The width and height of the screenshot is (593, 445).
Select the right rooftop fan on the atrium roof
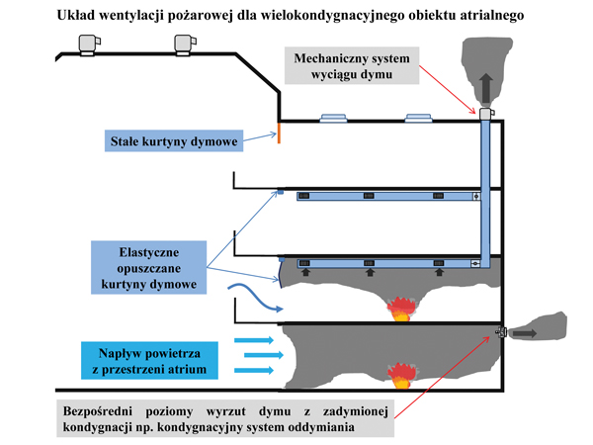pyautogui.click(x=185, y=44)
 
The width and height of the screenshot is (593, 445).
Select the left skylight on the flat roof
pyautogui.click(x=331, y=118)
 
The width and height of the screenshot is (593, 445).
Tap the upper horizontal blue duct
pyautogui.click(x=385, y=196)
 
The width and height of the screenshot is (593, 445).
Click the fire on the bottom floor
pyautogui.click(x=401, y=376)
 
